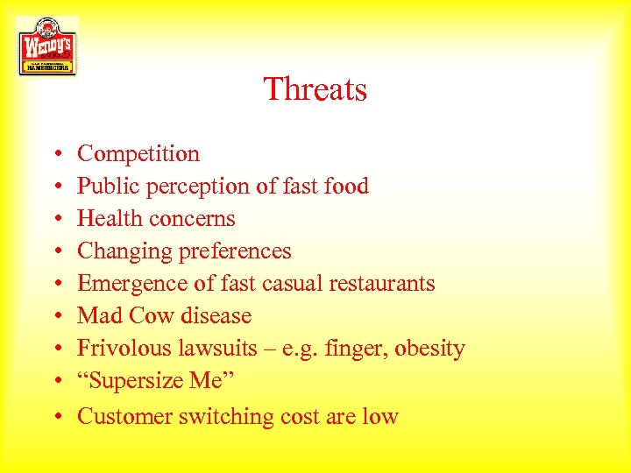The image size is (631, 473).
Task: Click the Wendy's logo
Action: tap(47, 46)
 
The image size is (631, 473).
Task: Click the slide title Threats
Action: tap(315, 89)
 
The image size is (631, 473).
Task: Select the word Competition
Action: tap(138, 154)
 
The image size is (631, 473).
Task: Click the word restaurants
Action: tap(382, 284)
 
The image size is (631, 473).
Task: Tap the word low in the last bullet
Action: tap(381, 417)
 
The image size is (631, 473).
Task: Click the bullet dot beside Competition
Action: tap(56, 155)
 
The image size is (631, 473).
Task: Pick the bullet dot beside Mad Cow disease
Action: tap(56, 317)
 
